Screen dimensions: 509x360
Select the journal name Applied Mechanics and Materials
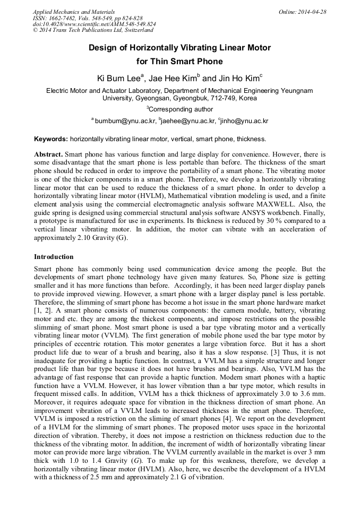[73, 12]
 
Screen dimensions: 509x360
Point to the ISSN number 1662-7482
[59, 18]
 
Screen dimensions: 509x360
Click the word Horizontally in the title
[159, 48]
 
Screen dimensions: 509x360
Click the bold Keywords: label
[51, 139]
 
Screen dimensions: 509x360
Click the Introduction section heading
[54, 257]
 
